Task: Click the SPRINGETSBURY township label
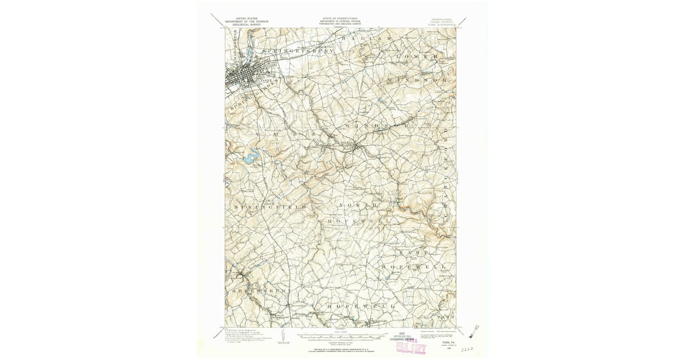pyautogui.click(x=297, y=51)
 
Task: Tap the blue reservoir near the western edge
pyautogui.click(x=250, y=158)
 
